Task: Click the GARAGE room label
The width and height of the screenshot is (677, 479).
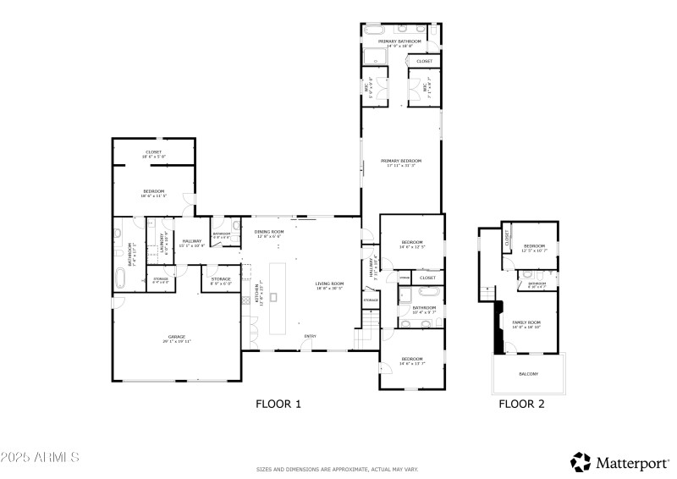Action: click(176, 336)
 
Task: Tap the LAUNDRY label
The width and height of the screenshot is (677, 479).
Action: click(161, 243)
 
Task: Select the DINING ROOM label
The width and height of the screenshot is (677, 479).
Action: click(270, 231)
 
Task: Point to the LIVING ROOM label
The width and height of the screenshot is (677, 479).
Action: click(329, 284)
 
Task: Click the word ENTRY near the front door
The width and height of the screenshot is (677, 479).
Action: click(311, 337)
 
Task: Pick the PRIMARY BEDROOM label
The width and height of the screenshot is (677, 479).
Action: click(400, 160)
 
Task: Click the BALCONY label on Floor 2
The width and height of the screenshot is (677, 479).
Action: click(527, 373)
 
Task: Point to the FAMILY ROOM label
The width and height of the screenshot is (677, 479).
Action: click(526, 322)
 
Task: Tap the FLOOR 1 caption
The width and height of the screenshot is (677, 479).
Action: click(278, 405)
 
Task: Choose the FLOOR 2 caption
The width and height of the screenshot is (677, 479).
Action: click(521, 405)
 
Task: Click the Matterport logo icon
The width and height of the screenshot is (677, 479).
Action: click(581, 462)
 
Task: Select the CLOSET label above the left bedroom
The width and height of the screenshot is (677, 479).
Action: click(153, 151)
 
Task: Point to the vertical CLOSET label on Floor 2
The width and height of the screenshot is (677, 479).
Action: click(507, 239)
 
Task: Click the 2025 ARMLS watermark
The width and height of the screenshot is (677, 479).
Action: click(40, 457)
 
